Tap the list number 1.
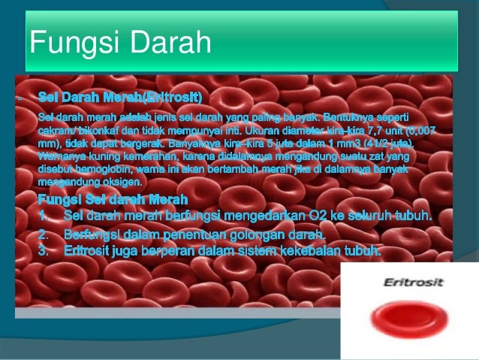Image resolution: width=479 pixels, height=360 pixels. pos(44,216)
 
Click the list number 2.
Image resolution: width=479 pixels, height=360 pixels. pos(44,235)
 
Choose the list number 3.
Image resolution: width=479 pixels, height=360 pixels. pos(44,250)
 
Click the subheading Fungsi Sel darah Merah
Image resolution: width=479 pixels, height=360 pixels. pos(113,200)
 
